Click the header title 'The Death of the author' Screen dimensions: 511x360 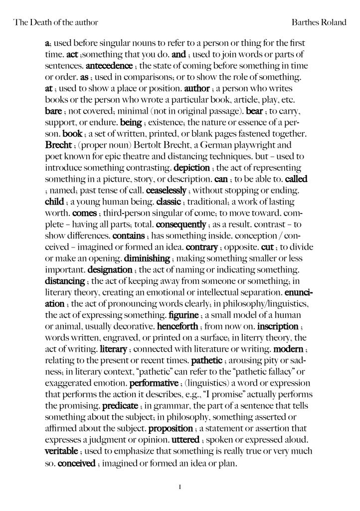coord(55,22)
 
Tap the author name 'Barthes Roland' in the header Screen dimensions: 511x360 coord(321,22)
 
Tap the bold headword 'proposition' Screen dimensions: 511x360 coord(171,429)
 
